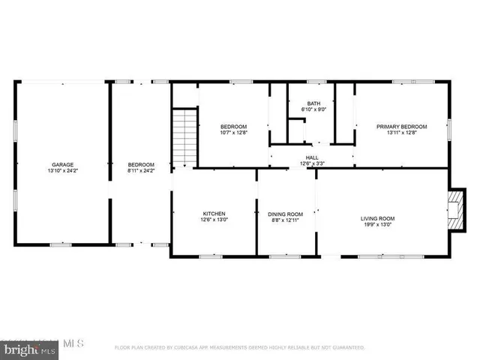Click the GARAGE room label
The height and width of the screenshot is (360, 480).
pos(62,164)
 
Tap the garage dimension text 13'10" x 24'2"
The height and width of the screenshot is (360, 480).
pos(62,170)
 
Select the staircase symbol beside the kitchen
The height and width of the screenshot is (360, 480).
pos(184,138)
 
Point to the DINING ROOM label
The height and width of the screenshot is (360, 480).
pos(286,214)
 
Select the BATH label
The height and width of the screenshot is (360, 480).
pos(315,103)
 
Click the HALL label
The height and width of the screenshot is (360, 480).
pos(311,157)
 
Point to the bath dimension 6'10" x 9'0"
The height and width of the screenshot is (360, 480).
pos(315,109)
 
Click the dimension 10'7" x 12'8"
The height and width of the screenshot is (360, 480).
pos(233,133)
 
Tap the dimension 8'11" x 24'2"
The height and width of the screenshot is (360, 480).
pos(140,170)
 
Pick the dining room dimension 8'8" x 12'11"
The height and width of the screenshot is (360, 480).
pos(286,220)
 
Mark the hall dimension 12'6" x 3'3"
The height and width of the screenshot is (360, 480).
pos(311,163)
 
